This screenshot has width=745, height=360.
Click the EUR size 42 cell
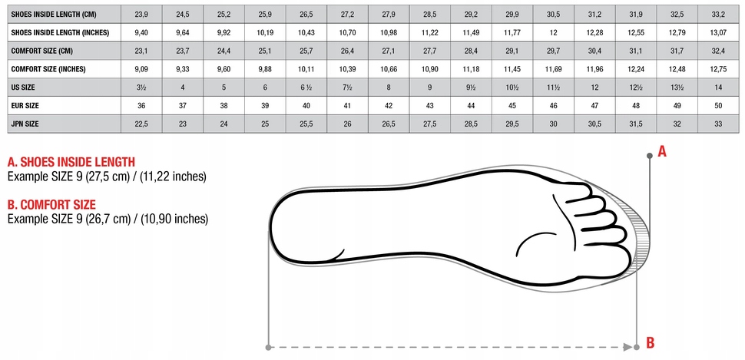[389, 105]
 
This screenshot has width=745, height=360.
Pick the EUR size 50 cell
[717, 105]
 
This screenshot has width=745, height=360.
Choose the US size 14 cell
[717, 87]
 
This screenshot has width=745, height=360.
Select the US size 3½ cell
[141, 87]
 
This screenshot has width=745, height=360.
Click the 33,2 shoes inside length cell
[717, 14]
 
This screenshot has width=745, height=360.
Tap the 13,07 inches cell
[717, 32]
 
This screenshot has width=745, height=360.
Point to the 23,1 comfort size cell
[141, 51]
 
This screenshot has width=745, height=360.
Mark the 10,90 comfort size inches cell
[429, 69]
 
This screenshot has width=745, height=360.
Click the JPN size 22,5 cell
[141, 123]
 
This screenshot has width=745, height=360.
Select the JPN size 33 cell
[717, 123]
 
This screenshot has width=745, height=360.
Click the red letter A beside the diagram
[662, 152]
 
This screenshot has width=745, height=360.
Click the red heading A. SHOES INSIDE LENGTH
[71, 162]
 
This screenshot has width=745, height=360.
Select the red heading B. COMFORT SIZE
[51, 205]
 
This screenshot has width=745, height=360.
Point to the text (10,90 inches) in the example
[171, 219]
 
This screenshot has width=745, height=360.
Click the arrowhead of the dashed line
[627, 348]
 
